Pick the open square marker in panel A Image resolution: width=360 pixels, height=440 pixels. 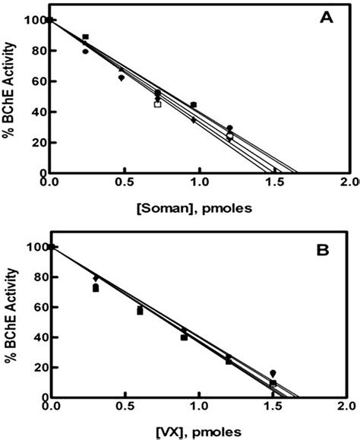coord(158,104)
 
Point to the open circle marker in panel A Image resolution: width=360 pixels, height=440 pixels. coord(229,136)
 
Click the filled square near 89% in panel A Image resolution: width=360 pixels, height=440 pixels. coord(86,37)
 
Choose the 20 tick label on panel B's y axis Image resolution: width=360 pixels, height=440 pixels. coord(36,368)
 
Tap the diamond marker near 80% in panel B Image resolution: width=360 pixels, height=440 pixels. coord(95,278)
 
